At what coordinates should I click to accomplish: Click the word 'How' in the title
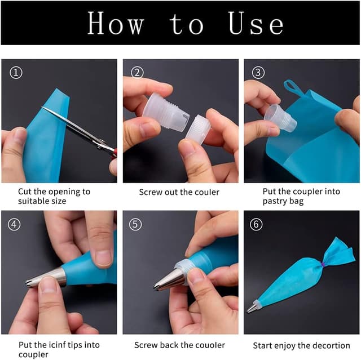(x=115, y=24)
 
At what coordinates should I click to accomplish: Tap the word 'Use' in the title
(x=256, y=24)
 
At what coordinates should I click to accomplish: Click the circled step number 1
(x=17, y=72)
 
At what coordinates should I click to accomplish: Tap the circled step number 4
(x=17, y=224)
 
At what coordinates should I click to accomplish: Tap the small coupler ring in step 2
(x=197, y=131)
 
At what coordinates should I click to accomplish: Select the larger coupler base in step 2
(x=165, y=113)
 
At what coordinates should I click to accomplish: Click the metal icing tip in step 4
(x=46, y=278)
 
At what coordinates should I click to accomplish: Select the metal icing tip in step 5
(x=169, y=279)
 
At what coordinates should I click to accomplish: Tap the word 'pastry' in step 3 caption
(x=276, y=201)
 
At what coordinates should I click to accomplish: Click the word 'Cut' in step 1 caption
(x=25, y=192)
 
